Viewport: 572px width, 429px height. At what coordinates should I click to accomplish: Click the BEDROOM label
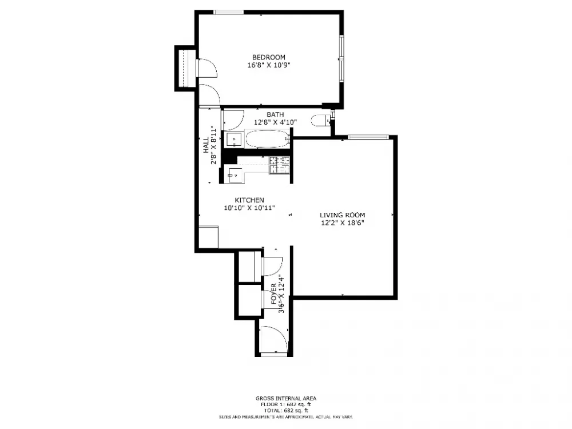[269, 57]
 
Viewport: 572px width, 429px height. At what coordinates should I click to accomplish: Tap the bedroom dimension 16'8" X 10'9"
[269, 65]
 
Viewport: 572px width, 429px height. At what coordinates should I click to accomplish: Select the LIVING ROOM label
[342, 215]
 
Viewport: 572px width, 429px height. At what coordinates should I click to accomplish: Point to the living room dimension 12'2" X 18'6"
[343, 223]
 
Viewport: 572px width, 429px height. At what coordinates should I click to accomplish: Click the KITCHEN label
[249, 200]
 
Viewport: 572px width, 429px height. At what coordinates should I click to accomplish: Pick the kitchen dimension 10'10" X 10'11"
[249, 208]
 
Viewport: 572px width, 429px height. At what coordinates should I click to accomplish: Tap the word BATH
[275, 114]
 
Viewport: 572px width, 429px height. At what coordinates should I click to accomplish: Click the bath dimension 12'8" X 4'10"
[276, 122]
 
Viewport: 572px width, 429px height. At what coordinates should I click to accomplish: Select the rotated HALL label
[206, 145]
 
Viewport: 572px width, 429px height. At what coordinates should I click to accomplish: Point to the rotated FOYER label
[274, 294]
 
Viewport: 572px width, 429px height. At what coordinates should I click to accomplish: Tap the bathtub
[267, 139]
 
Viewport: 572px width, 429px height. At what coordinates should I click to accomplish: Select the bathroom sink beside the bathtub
[234, 140]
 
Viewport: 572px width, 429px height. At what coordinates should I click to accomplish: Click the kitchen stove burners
[280, 165]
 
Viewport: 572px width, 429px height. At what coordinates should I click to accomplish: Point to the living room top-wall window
[368, 137]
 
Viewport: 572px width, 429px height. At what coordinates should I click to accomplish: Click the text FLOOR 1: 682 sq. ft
[286, 404]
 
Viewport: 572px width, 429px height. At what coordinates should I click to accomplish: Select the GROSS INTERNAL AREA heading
[286, 399]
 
